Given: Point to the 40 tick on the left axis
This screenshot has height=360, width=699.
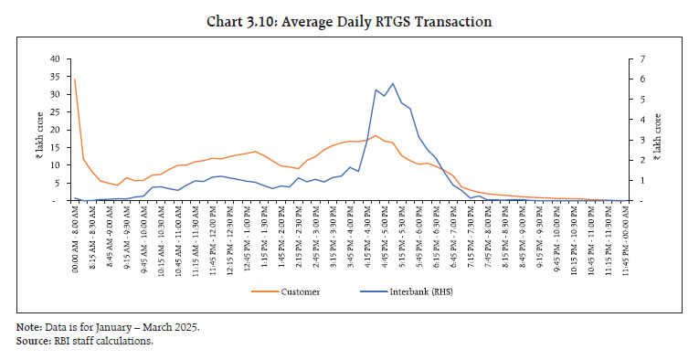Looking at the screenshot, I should (x=54, y=58).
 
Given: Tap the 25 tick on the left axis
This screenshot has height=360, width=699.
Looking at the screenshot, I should (x=54, y=111).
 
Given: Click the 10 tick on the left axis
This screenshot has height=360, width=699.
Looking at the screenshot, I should (x=54, y=165).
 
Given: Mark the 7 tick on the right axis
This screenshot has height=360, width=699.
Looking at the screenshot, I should (x=644, y=58).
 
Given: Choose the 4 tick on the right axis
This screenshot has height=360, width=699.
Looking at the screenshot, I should (x=644, y=120).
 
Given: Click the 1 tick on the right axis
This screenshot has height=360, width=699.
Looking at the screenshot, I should (x=644, y=181).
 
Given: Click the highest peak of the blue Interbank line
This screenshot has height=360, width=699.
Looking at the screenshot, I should (x=393, y=83).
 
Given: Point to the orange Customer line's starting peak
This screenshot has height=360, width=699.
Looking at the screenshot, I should (x=74, y=79).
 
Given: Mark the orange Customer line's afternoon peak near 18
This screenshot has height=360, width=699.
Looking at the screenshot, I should (x=375, y=136).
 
